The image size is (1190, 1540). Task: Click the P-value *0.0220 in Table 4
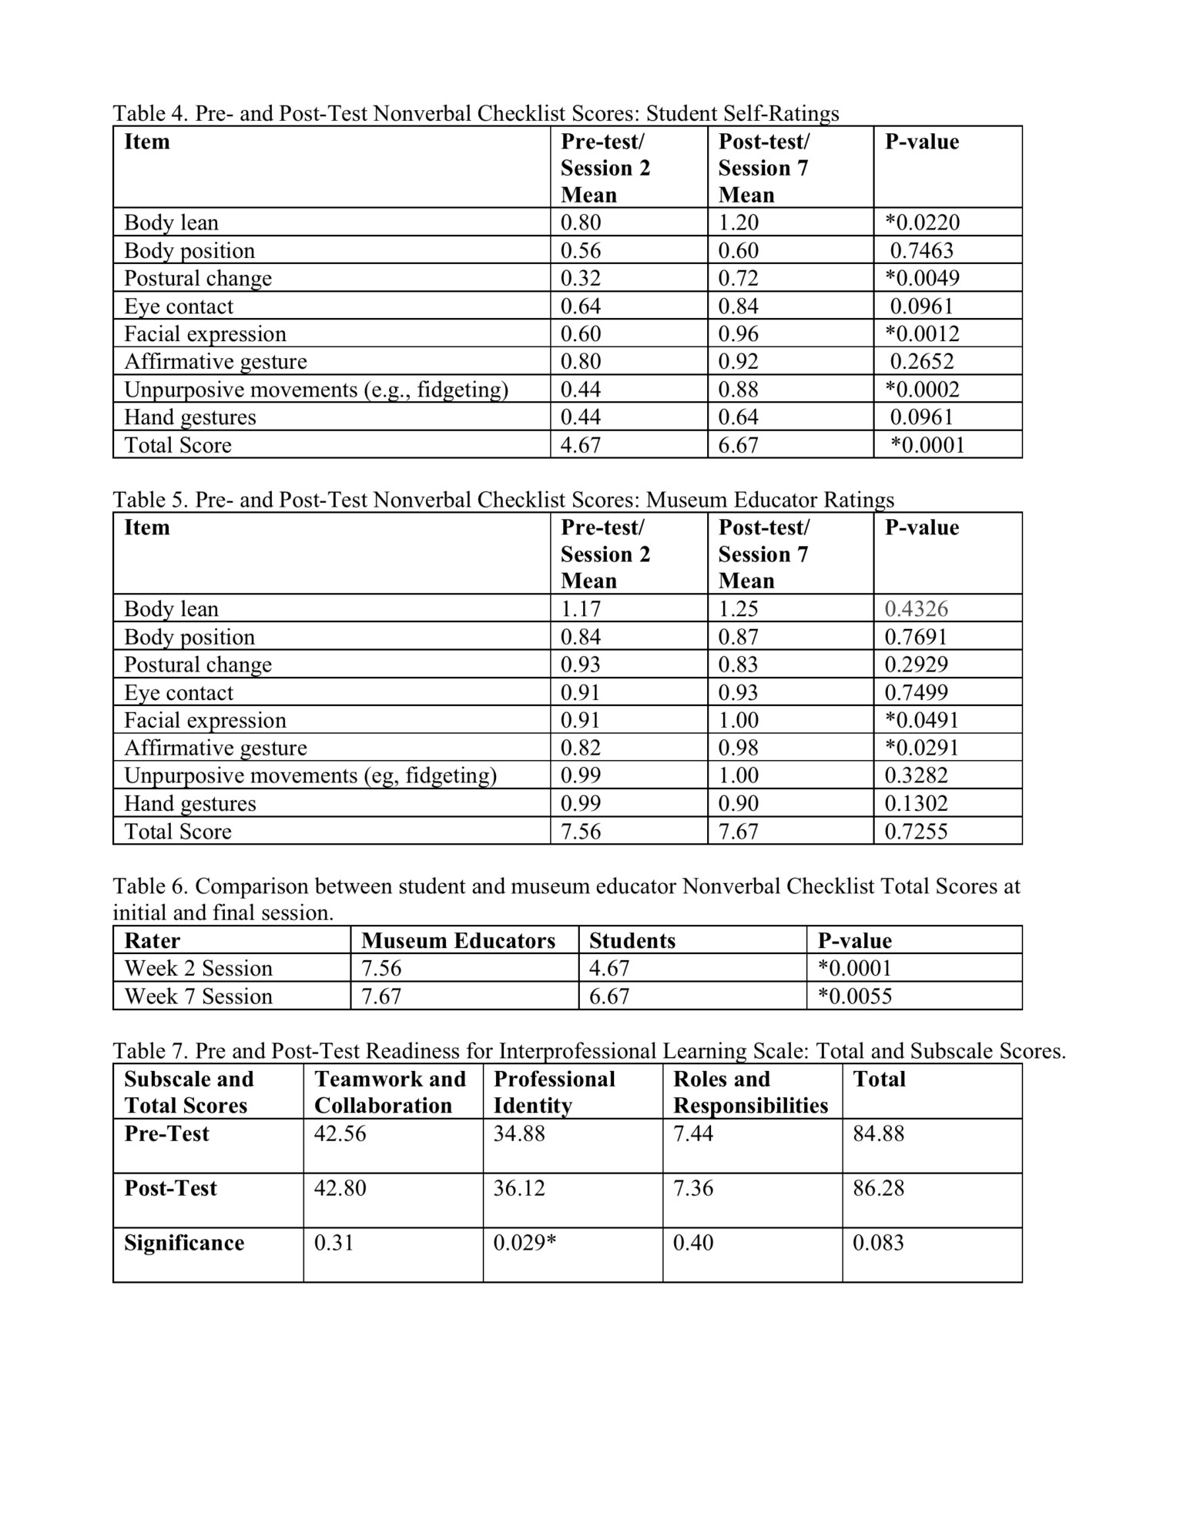point(922,223)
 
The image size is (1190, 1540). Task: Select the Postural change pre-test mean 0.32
point(580,278)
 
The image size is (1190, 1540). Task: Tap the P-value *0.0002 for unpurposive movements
point(922,390)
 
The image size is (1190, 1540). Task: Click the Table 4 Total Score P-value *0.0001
point(927,445)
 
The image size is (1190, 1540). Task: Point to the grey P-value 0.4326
point(916,609)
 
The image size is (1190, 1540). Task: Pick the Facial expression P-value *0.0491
point(922,720)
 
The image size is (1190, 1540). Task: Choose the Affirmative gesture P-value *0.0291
point(922,748)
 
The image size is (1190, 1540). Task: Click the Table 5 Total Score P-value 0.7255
point(916,832)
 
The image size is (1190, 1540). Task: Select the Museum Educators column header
point(458,941)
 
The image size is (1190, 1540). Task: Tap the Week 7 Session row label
point(199,996)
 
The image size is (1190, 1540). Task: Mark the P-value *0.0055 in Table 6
point(855,996)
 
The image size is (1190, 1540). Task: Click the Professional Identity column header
point(554,1092)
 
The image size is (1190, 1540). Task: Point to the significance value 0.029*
point(525,1243)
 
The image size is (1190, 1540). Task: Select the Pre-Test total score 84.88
point(878,1133)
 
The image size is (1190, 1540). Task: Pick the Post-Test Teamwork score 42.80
point(340,1188)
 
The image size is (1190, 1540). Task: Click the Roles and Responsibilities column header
point(750,1092)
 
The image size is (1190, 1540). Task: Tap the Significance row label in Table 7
point(184,1243)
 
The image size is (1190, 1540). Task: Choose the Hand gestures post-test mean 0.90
point(738,803)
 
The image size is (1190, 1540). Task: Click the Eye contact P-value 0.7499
point(916,692)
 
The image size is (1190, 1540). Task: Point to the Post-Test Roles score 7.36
point(693,1188)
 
